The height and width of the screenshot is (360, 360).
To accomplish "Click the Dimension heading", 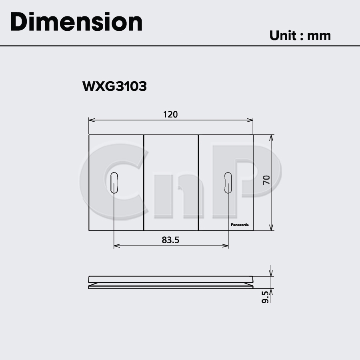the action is tap(76, 22).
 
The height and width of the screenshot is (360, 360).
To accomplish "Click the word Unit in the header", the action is tap(283, 36).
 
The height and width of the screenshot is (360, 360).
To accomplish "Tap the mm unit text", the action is tap(319, 36).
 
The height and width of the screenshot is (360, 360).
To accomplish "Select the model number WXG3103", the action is tap(114, 86).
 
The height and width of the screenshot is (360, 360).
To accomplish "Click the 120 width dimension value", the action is tap(170, 114).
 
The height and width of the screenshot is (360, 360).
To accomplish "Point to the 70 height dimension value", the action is tap(266, 180).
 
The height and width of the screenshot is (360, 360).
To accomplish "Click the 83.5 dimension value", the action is tap(170, 240).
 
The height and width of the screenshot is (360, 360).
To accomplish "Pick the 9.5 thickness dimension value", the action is tap(265, 297).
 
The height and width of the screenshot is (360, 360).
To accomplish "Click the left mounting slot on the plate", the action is tap(114, 183).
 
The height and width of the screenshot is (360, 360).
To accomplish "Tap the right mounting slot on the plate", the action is tap(228, 183).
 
